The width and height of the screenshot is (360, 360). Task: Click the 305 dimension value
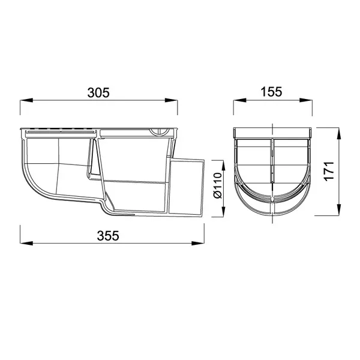tap(98, 93)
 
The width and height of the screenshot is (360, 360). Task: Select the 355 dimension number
tap(108, 236)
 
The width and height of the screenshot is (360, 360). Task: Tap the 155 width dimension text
tap(271, 92)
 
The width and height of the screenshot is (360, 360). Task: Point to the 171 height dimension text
tap(329, 171)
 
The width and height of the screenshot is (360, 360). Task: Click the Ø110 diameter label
tap(217, 185)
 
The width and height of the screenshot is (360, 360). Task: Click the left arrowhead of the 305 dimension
tap(26, 100)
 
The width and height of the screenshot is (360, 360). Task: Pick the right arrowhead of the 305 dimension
tap(171, 100)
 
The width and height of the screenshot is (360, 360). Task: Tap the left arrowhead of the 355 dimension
tap(26, 243)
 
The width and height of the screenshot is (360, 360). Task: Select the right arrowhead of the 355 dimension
tap(197, 243)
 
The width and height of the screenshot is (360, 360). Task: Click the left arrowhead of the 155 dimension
tap(239, 100)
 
